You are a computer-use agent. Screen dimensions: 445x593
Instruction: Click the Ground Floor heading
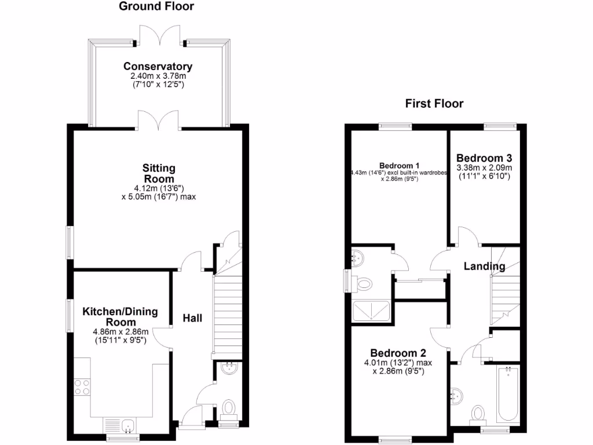pyautogui.click(x=156, y=7)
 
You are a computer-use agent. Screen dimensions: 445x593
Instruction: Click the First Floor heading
pyautogui.click(x=434, y=104)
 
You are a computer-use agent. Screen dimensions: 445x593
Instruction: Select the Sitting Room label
pyautogui.click(x=159, y=173)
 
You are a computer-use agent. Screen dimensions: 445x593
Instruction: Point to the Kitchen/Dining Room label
pyautogui.click(x=120, y=316)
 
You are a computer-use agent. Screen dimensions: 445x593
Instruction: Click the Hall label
pyautogui.click(x=192, y=318)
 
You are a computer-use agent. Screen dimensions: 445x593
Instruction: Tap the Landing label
pyautogui.click(x=484, y=267)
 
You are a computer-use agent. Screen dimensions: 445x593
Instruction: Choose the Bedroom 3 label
pyautogui.click(x=484, y=158)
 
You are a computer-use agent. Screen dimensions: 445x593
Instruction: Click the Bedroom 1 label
pyautogui.click(x=400, y=164)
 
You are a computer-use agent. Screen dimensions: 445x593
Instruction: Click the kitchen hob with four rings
pyautogui.click(x=82, y=386)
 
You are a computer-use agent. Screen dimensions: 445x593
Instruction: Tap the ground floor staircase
pyautogui.click(x=228, y=313)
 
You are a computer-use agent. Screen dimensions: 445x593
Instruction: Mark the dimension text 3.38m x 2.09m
pyautogui.click(x=484, y=167)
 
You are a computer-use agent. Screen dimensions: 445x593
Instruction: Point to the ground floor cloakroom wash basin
pyautogui.click(x=229, y=367)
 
